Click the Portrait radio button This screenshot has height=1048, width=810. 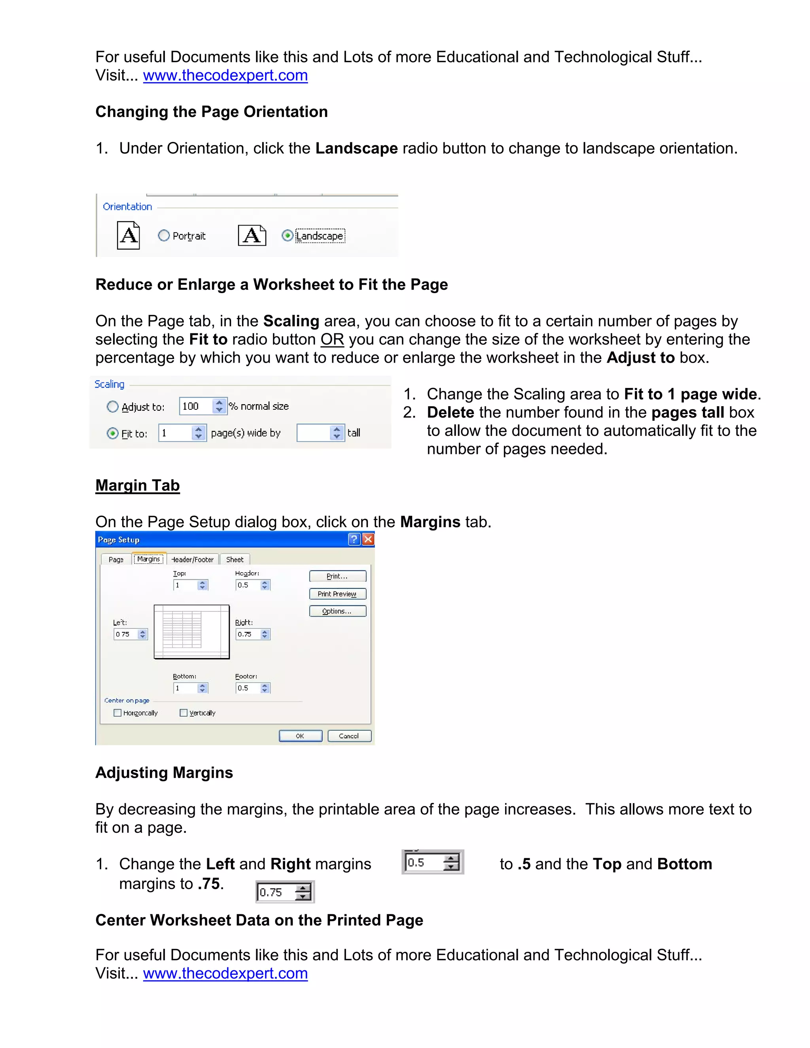point(164,236)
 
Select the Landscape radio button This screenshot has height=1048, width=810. point(287,236)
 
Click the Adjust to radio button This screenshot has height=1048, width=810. point(112,407)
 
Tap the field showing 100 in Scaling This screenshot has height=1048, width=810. point(196,407)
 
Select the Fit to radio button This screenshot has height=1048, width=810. point(112,434)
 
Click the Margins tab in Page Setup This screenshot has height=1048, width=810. point(148,559)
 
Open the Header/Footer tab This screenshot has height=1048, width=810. point(193,560)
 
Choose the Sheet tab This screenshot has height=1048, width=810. point(235,560)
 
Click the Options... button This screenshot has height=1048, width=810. point(337,611)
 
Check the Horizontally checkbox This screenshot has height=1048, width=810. point(117,713)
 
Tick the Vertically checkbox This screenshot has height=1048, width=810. point(183,713)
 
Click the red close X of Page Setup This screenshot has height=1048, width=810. point(368,539)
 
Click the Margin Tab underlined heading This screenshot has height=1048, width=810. point(138,485)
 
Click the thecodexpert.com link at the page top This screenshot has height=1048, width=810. point(225,75)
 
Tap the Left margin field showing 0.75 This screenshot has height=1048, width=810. point(125,634)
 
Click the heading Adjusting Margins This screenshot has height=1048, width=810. point(164,773)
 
